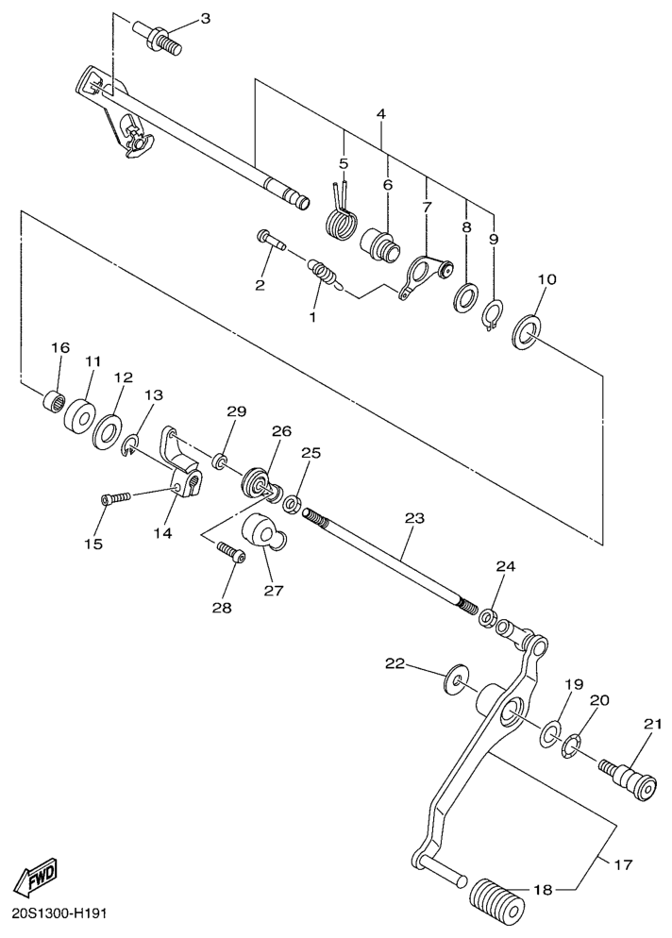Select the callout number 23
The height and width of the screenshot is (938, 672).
tap(414, 517)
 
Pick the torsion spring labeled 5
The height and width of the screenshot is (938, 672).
tap(342, 215)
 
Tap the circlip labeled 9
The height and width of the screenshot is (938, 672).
tap(493, 315)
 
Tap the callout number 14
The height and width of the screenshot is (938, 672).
tap(162, 532)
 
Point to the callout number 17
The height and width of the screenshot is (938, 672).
tap(622, 864)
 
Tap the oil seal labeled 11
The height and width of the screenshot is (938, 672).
tap(79, 412)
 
